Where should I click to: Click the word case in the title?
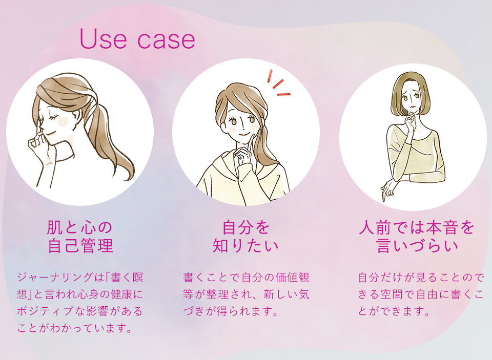pos(167,41)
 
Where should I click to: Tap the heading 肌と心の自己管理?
pos(79,236)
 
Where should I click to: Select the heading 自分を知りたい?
pos(245,236)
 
